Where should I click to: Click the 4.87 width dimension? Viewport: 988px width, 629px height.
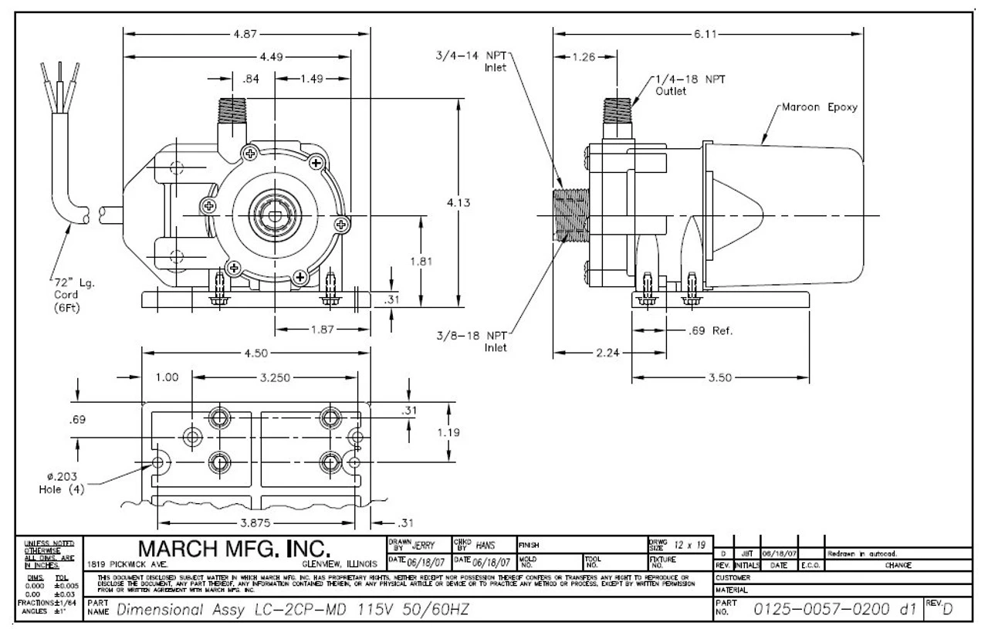point(248,35)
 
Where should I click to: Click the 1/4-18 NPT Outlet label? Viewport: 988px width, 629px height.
point(680,85)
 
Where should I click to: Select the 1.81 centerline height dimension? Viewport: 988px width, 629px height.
point(438,262)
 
